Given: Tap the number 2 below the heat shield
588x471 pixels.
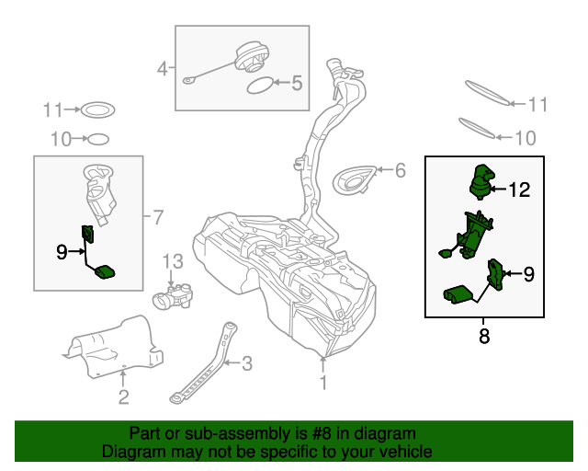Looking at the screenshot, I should pos(123,397).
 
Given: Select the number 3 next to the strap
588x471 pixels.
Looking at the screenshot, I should pos(246,363).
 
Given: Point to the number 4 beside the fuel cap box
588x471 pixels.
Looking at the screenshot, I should pos(163,68).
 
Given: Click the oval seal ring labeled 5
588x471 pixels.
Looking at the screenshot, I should pos(261,86).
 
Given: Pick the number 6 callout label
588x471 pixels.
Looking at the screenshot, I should pos(400,169).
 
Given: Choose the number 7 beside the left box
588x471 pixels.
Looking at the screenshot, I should pos(157,218).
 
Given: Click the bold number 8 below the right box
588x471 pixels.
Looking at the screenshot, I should pos(484,337).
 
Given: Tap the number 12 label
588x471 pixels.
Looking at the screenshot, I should pos(519,190).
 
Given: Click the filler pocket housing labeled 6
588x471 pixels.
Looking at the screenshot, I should pos(356,178).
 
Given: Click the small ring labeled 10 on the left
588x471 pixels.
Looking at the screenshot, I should pos(96,140).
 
